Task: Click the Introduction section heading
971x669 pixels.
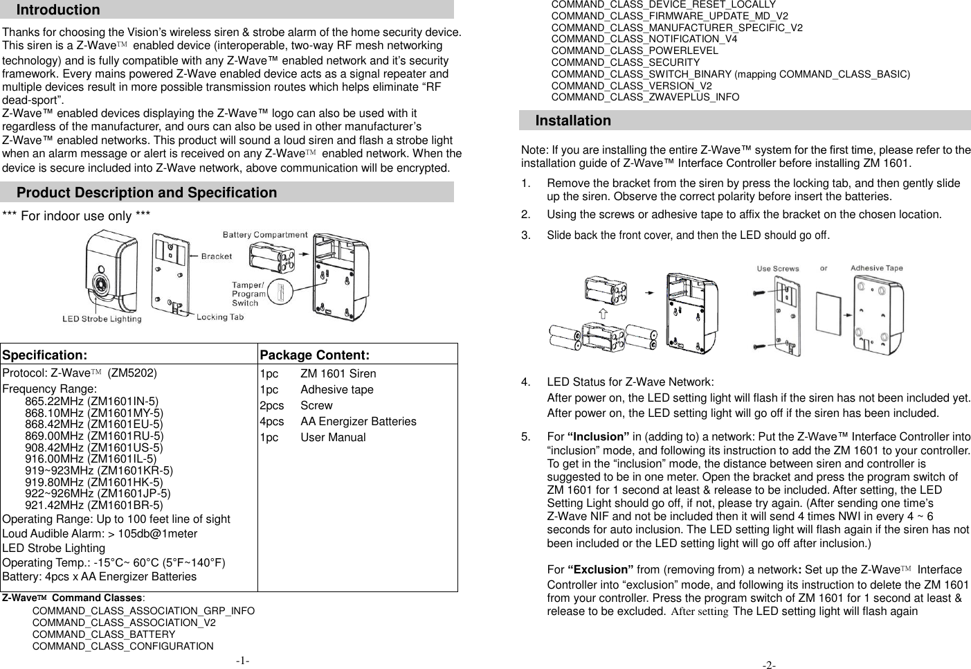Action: (x=58, y=10)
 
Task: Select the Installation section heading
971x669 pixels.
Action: (x=573, y=121)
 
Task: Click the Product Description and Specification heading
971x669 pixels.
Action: (x=147, y=193)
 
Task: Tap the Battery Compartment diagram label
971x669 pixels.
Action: (x=265, y=235)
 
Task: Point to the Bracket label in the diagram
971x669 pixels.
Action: (x=217, y=256)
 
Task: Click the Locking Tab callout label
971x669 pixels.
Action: (x=220, y=317)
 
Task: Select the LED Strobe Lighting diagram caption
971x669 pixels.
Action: (x=102, y=319)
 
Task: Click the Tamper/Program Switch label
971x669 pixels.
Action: (x=248, y=294)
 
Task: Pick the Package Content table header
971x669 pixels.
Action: (x=314, y=355)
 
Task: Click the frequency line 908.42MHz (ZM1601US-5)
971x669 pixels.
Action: (x=94, y=447)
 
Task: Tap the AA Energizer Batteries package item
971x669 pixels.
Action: (x=358, y=421)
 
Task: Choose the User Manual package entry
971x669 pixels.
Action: (x=333, y=437)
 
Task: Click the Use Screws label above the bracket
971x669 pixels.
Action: (x=778, y=269)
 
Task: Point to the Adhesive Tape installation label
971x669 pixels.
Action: (x=876, y=268)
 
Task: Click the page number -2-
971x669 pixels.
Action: (x=769, y=665)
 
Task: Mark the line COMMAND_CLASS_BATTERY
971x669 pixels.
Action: (x=104, y=634)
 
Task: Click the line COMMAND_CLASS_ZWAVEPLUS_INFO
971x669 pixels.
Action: (x=645, y=97)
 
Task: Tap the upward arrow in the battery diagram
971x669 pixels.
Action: (x=603, y=314)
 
